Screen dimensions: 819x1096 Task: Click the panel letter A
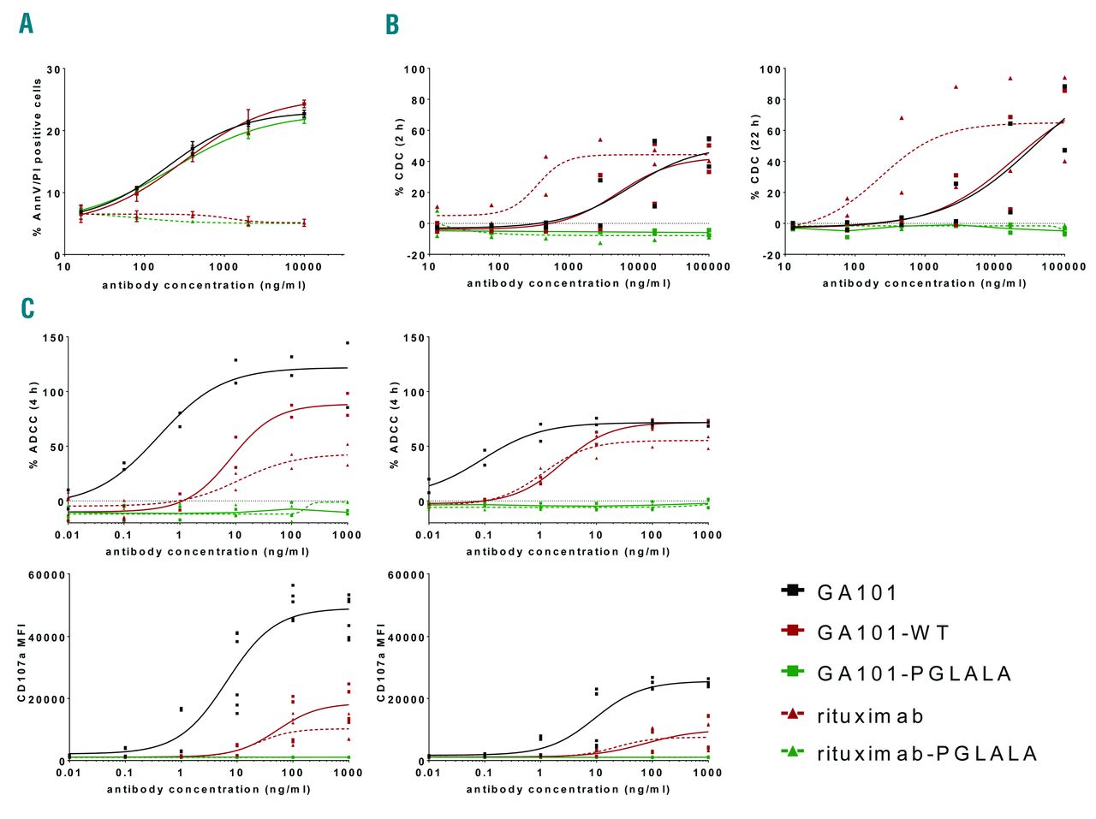27,23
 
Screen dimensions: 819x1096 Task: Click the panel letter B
392,24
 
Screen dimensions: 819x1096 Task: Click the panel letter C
27,307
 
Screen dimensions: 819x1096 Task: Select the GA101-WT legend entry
883,632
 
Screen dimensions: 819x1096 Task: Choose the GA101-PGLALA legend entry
914,674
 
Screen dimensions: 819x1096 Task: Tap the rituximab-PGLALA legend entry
926,753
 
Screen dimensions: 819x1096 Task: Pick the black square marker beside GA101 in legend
792,591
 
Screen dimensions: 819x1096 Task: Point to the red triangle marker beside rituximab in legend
792,713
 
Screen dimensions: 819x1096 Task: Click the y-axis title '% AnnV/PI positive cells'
37,157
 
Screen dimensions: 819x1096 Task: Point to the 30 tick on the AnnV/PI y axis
54,69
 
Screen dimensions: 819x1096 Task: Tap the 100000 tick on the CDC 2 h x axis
708,267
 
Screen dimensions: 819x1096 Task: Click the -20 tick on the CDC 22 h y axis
772,255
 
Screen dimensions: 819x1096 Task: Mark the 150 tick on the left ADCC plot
54,338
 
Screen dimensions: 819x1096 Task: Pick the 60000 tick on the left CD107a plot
48,575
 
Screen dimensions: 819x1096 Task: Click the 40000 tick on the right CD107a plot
408,638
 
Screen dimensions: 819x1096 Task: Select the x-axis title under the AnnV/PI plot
204,285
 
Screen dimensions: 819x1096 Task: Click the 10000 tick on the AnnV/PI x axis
303,267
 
